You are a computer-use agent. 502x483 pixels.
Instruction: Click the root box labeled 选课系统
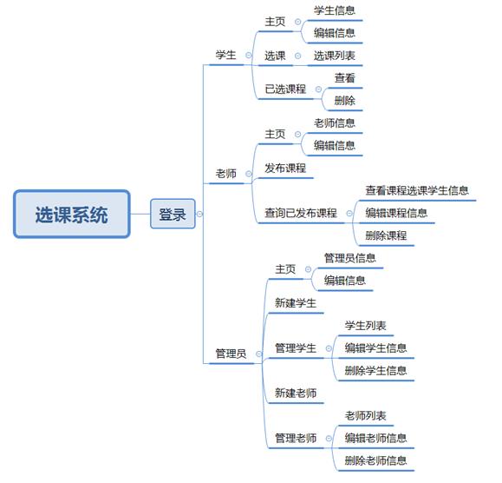click(72, 214)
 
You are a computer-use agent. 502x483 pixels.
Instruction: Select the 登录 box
click(173, 214)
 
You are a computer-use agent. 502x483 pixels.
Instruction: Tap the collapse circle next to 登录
click(199, 214)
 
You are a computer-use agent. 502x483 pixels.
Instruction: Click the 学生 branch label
click(225, 56)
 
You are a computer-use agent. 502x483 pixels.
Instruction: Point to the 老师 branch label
click(225, 174)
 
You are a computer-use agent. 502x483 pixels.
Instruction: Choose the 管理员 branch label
click(231, 354)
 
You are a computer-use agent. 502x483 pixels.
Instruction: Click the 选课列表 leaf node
click(335, 56)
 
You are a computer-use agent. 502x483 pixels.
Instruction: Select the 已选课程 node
click(285, 89)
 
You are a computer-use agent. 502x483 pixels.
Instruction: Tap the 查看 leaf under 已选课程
click(345, 78)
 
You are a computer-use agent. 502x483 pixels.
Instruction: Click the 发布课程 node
click(285, 168)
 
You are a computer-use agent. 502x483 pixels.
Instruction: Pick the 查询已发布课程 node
click(301, 213)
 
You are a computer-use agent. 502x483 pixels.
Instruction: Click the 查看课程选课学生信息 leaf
click(417, 190)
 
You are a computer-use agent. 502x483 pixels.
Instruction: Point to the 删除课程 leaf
click(386, 235)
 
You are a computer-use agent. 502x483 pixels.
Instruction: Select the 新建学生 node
click(296, 303)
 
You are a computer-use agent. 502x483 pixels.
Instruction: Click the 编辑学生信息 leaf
click(375, 348)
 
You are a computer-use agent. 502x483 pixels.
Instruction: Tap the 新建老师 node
click(296, 393)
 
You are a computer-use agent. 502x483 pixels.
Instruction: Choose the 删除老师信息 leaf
click(375, 460)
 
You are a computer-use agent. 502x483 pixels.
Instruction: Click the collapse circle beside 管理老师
click(329, 438)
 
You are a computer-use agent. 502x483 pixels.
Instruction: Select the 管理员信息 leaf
click(350, 258)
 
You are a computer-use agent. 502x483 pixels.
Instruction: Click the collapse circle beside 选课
click(297, 56)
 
